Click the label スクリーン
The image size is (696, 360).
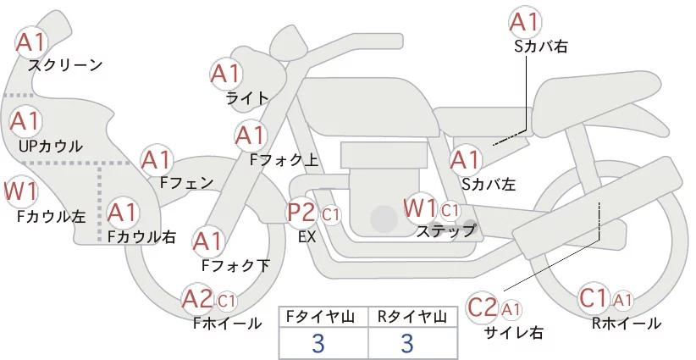[65, 66]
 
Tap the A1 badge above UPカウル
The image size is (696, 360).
[25, 121]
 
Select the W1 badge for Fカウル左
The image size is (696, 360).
[20, 191]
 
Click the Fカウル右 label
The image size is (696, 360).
[142, 236]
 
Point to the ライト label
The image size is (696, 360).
[247, 98]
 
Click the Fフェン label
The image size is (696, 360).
[186, 183]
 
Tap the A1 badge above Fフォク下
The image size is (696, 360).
[208, 242]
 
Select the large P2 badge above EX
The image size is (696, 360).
[302, 213]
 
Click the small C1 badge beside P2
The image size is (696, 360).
[331, 215]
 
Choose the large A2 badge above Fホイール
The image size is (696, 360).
[198, 298]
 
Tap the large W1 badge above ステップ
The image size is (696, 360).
[420, 208]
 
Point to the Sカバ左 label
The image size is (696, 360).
[489, 184]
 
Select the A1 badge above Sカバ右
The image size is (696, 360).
[525, 22]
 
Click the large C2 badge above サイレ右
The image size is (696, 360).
[483, 307]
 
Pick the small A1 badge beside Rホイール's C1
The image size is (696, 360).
[623, 301]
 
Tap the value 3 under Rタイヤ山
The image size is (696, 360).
[407, 343]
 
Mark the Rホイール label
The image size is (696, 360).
[627, 324]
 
